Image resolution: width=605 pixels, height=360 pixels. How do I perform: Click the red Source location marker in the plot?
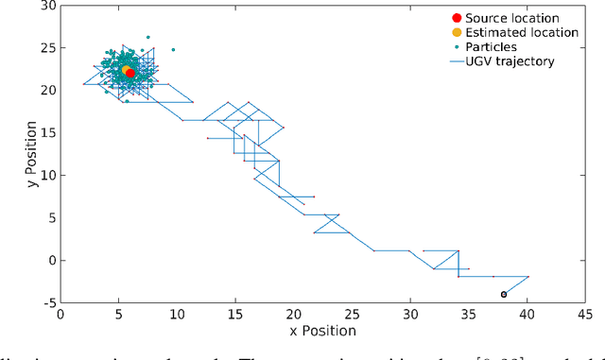tap(130, 73)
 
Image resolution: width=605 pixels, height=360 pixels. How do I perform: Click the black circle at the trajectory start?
tap(504, 294)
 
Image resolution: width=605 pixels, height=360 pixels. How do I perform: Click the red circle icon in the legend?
tap(458, 18)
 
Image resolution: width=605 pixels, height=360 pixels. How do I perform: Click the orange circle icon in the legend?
tap(458, 33)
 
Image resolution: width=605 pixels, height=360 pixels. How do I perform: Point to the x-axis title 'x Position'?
tap(322, 332)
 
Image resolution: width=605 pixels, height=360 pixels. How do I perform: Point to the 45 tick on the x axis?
tap(585, 314)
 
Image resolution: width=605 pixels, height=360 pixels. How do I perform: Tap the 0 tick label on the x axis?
tap(60, 314)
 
